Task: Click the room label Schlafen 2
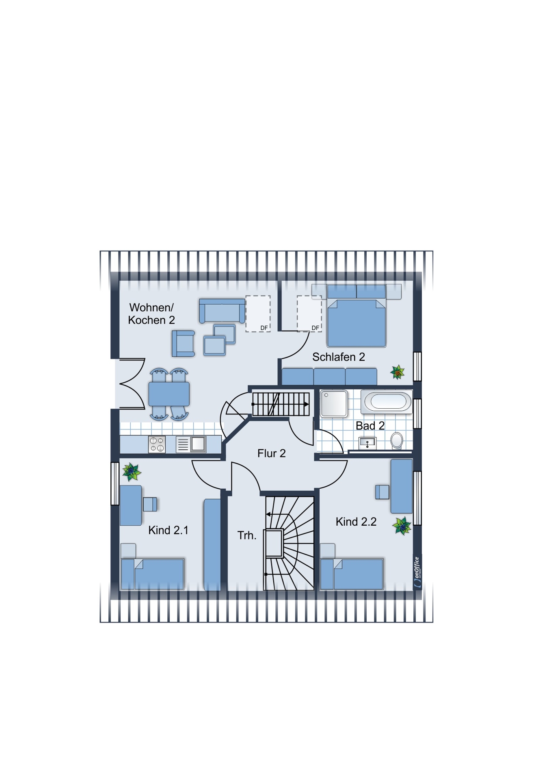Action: [338, 357]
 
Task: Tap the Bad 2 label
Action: [370, 426]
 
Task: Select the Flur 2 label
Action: [272, 453]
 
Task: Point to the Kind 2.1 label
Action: [169, 530]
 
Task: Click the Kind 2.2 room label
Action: [356, 522]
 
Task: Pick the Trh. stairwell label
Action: [247, 535]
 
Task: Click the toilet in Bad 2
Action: [396, 440]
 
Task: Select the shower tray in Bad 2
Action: [334, 404]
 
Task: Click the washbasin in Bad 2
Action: [367, 443]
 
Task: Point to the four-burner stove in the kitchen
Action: [157, 444]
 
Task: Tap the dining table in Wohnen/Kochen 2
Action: [169, 394]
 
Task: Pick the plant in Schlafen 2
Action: [398, 372]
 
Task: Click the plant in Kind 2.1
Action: [131, 472]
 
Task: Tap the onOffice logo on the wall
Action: [417, 572]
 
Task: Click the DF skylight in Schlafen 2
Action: [309, 314]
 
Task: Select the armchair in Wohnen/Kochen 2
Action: [183, 344]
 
